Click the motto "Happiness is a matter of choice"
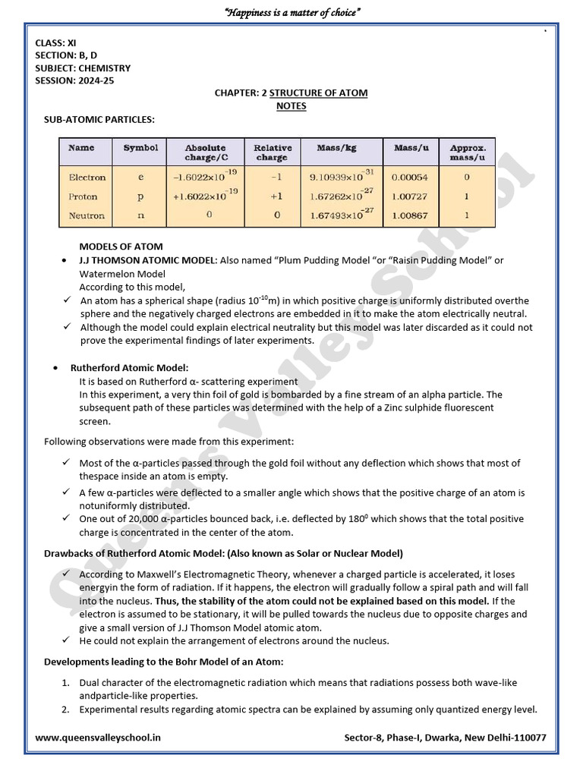[x=291, y=13]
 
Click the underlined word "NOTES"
[x=291, y=106]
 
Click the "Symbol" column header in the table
[x=140, y=148]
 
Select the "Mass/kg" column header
[x=338, y=148]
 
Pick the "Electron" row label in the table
[x=87, y=178]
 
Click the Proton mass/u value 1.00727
[x=410, y=197]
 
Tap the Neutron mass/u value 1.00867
[x=410, y=215]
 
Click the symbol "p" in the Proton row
[x=140, y=197]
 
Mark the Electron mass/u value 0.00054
[x=410, y=178]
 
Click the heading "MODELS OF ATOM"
[x=121, y=247]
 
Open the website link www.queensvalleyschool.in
[x=98, y=737]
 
